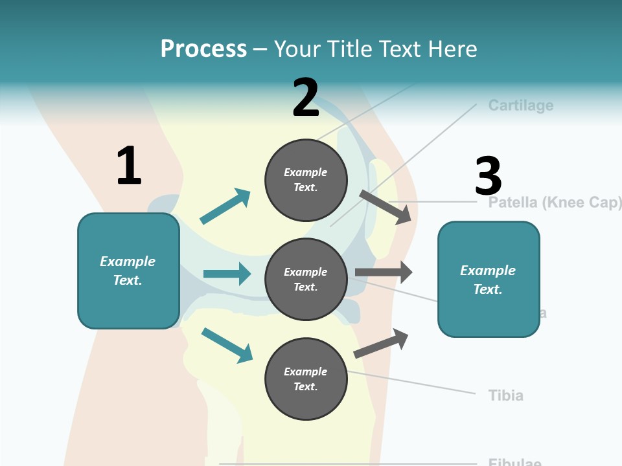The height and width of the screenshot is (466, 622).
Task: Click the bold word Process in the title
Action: click(x=203, y=49)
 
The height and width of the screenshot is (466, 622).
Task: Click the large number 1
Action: click(x=129, y=166)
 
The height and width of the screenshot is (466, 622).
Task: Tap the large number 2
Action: click(x=305, y=98)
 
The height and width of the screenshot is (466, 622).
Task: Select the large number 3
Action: click(x=488, y=176)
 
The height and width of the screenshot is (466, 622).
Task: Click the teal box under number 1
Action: click(x=128, y=271)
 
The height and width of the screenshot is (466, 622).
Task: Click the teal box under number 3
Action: click(x=489, y=279)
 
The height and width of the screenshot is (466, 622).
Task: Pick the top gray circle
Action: click(x=306, y=179)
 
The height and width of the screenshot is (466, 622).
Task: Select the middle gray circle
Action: click(x=306, y=279)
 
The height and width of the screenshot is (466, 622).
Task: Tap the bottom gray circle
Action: click(x=306, y=379)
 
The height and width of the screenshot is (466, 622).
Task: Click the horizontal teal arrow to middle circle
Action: click(x=227, y=274)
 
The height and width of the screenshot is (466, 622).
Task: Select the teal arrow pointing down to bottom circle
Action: click(x=227, y=344)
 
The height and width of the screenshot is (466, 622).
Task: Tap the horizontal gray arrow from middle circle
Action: click(x=384, y=272)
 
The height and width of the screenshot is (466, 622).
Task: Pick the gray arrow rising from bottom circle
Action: click(x=382, y=343)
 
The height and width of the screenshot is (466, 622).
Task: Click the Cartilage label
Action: click(x=520, y=105)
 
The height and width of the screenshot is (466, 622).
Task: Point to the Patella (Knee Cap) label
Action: click(x=555, y=203)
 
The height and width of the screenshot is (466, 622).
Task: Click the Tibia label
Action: click(x=505, y=395)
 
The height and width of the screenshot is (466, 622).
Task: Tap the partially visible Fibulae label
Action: click(x=514, y=462)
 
